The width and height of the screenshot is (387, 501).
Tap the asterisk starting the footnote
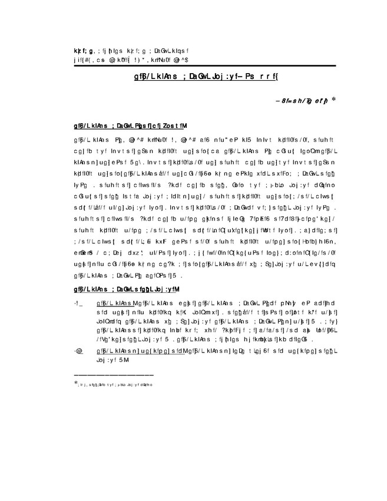(x=76, y=384)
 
